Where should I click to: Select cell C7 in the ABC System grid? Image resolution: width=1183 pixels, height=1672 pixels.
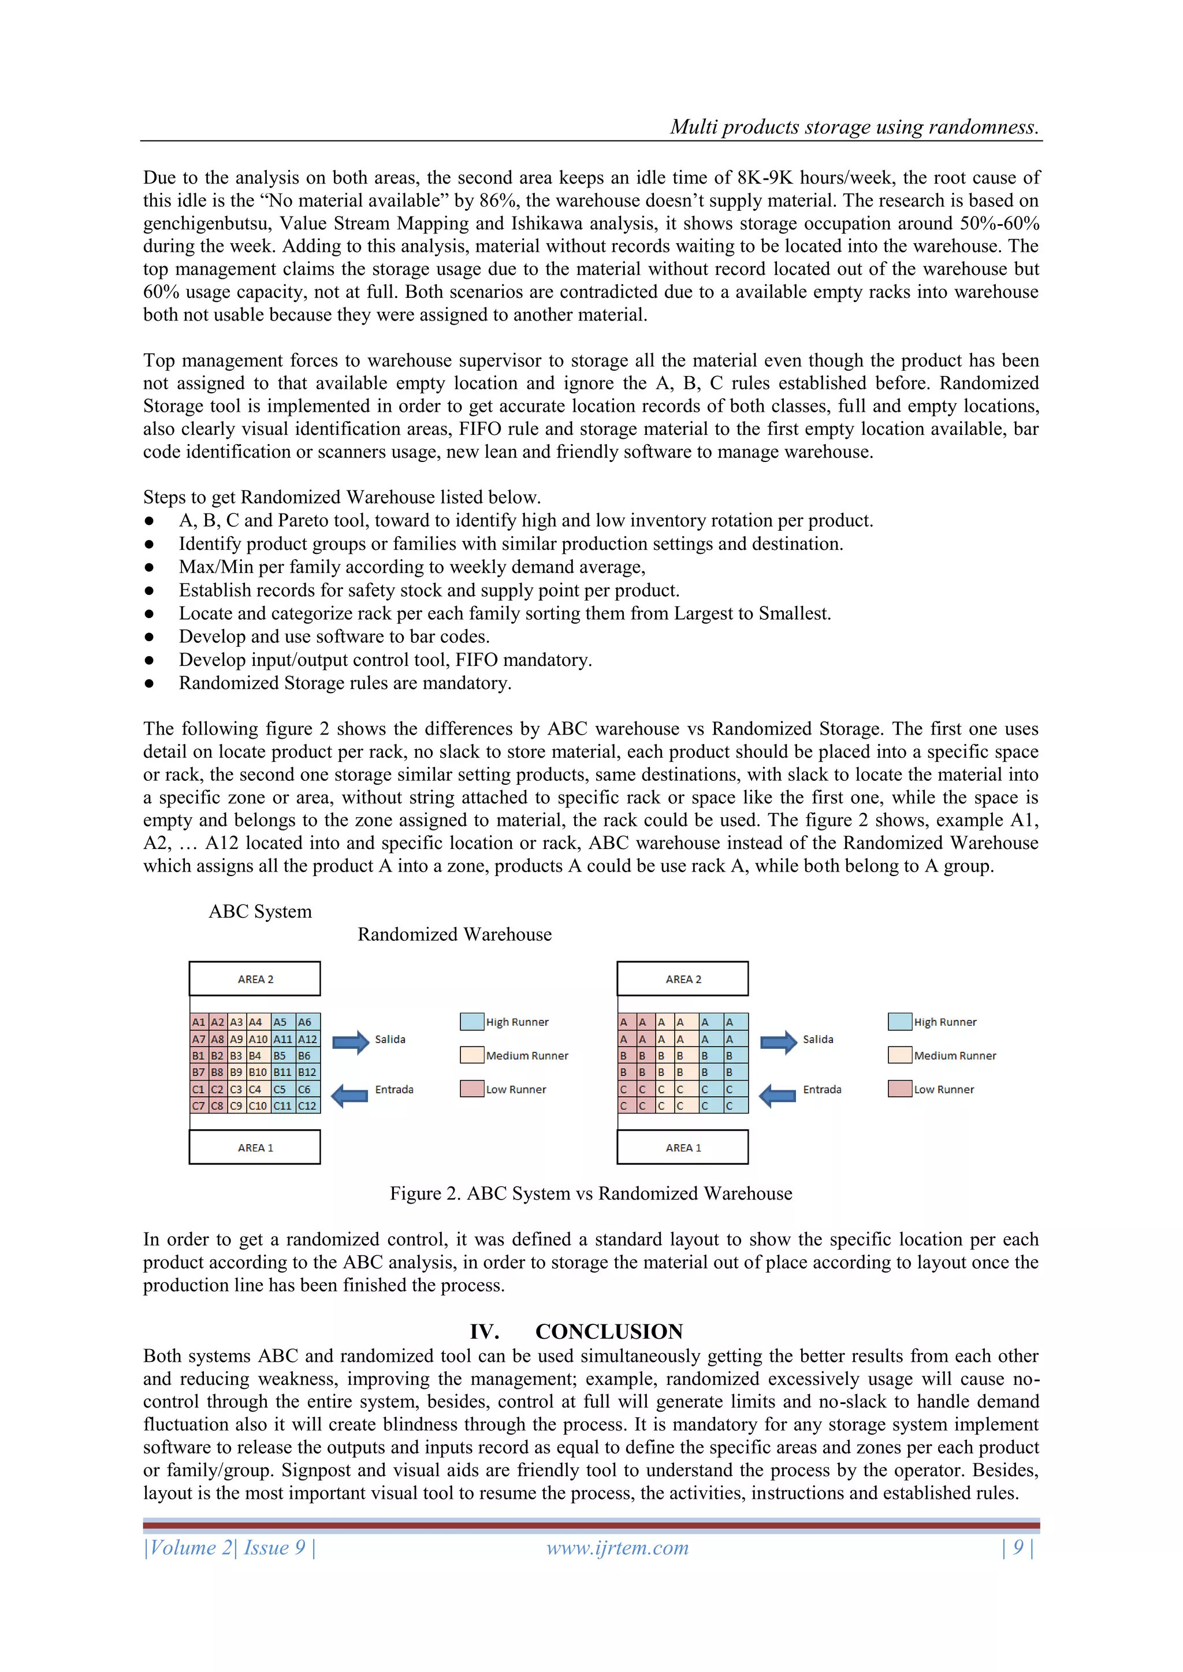pyautogui.click(x=198, y=1105)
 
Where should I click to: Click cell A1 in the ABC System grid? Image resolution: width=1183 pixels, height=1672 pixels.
pyautogui.click(x=198, y=1022)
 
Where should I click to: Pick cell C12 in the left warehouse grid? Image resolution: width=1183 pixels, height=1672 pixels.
pyautogui.click(x=307, y=1105)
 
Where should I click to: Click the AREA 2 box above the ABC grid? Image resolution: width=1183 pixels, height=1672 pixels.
pyautogui.click(x=255, y=979)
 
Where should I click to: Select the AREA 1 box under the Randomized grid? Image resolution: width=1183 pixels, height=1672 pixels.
pyautogui.click(x=683, y=1147)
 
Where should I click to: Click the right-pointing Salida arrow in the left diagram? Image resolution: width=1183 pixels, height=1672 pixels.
pyautogui.click(x=351, y=1041)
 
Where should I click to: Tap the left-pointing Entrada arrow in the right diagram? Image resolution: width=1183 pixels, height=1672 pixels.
pyautogui.click(x=778, y=1094)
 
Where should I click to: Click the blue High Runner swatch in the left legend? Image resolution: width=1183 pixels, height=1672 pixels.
pyautogui.click(x=472, y=1021)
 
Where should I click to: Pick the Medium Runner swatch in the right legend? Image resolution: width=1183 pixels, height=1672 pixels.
pyautogui.click(x=899, y=1055)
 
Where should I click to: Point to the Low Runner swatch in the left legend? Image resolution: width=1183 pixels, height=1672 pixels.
pyautogui.click(x=472, y=1089)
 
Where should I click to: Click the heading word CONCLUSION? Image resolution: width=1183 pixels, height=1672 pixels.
pyautogui.click(x=609, y=1331)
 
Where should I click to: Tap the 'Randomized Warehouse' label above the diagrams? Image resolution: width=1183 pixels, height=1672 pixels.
pyautogui.click(x=455, y=934)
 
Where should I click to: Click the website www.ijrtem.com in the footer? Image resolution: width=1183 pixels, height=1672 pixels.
pyautogui.click(x=617, y=1547)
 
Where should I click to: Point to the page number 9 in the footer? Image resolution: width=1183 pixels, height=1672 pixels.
pyautogui.click(x=1018, y=1547)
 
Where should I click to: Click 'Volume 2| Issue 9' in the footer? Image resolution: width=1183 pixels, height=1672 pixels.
pyautogui.click(x=229, y=1547)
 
